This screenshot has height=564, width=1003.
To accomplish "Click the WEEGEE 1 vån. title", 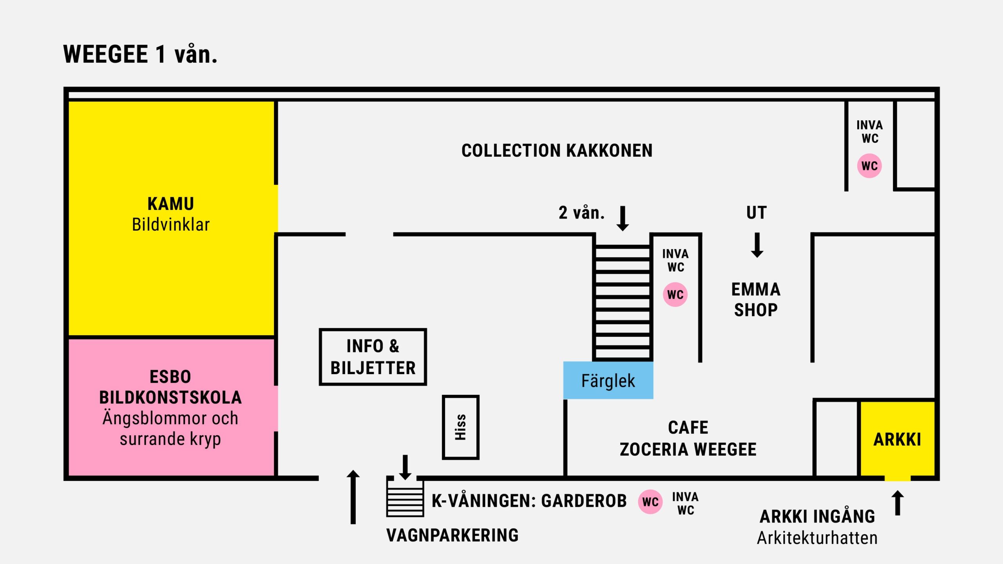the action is [x=140, y=54].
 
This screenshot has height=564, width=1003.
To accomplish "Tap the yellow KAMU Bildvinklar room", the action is [x=171, y=218].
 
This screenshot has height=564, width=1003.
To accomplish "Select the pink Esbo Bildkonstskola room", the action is [x=171, y=407].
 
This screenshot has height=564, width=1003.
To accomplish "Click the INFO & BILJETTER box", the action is [x=373, y=357].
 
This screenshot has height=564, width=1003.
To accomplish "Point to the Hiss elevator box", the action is [x=460, y=427].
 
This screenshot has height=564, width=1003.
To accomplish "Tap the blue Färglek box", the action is [x=608, y=380].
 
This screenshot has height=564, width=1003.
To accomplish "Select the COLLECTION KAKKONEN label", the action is [x=557, y=151].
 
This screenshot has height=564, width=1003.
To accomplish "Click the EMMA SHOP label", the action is [x=756, y=300].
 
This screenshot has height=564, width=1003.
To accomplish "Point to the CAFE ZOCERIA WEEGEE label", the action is [x=688, y=438].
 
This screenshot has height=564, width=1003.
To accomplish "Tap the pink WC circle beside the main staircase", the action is [x=675, y=295].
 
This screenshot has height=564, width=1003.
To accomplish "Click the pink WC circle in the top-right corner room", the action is [x=869, y=166].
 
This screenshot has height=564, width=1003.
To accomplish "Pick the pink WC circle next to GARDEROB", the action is [x=650, y=502].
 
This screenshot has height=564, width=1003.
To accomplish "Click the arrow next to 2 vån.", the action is [x=623, y=219].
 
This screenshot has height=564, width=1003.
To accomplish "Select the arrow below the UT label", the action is [x=757, y=245].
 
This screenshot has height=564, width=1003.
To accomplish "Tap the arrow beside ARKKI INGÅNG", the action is [x=898, y=503].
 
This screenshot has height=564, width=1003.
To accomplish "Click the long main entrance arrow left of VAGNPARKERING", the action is [x=353, y=497].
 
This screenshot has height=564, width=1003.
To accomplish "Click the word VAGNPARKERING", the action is [x=453, y=535].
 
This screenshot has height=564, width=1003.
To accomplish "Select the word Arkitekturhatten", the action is [x=817, y=538].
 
